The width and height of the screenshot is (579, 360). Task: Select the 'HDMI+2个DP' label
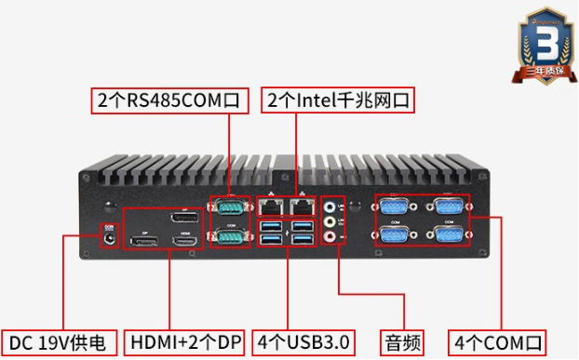tap(185, 341)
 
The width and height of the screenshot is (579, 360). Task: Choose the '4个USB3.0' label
tap(306, 341)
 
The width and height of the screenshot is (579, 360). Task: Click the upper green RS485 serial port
tap(229, 207)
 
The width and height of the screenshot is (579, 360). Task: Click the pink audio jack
tap(330, 238)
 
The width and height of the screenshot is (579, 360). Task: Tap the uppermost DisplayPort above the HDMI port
tap(186, 218)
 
